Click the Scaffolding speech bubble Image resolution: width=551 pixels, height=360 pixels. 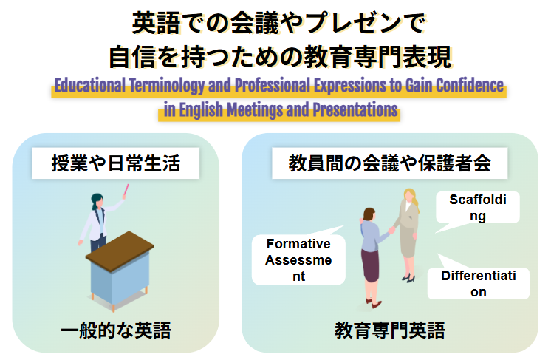tap(478, 208)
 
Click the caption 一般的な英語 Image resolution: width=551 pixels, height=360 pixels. tap(115, 330)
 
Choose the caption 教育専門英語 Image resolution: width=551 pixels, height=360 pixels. tap(389, 330)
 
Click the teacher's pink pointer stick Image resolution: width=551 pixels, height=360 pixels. tap(122, 194)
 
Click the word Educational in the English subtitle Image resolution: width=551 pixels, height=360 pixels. tap(89, 84)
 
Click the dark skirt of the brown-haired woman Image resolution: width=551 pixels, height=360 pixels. tap(370, 265)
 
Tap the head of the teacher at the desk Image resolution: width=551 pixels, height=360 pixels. tap(97, 200)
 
